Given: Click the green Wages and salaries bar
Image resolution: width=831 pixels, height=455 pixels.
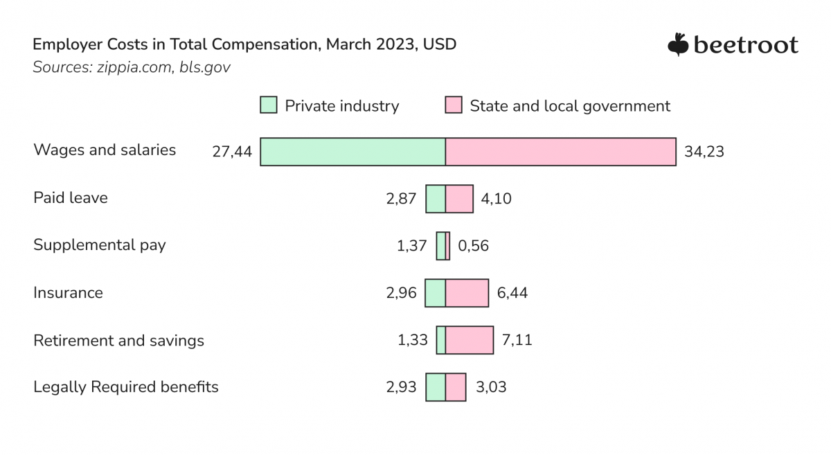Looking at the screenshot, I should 352,152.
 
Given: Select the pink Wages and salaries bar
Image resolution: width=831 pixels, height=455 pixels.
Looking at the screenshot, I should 560,152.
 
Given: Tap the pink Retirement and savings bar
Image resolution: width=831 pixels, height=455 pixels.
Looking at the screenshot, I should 470,340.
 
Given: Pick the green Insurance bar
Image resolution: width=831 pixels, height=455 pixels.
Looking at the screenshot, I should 435,293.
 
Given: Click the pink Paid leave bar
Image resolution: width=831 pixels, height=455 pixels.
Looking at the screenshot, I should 459,199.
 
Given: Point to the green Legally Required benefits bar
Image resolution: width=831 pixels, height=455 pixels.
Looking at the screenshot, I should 436,387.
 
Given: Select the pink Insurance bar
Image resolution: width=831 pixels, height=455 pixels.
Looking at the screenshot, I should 467,293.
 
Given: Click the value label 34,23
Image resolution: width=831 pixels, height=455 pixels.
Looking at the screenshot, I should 704,152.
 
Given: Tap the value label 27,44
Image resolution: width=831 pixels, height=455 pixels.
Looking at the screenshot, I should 232,152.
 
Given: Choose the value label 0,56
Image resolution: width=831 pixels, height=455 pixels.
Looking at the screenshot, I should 473,246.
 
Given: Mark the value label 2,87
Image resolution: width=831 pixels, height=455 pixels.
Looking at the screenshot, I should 401,199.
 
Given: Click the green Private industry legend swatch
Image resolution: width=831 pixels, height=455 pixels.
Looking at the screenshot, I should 269,106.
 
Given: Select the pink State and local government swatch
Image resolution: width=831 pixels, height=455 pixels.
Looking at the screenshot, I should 454,106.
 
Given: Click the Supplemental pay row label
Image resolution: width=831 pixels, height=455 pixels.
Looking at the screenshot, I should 100,245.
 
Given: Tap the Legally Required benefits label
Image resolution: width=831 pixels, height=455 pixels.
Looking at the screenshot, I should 126,386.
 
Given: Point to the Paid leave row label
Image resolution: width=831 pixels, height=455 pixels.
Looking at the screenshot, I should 71,198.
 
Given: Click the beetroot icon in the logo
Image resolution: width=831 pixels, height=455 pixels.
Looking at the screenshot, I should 677,44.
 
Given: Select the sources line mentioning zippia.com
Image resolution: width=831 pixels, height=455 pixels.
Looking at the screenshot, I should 132,67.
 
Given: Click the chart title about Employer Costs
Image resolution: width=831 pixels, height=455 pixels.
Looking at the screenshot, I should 244,44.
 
